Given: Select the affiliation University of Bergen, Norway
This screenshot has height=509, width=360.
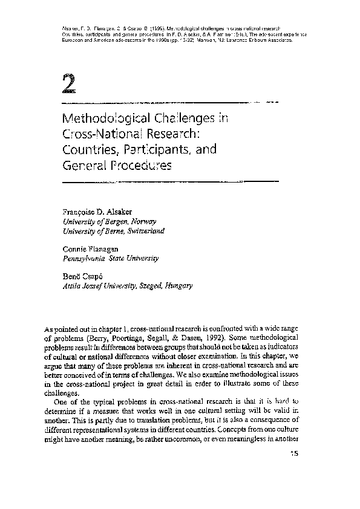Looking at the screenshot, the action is (104, 221).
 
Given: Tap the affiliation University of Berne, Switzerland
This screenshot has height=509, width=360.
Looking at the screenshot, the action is (113, 231).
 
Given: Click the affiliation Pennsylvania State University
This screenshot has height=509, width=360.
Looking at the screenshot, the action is (111, 258).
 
